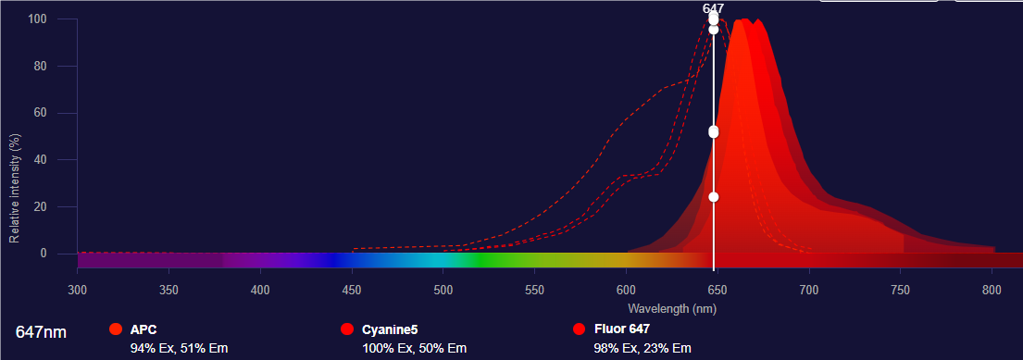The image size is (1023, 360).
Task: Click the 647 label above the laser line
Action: [x=713, y=8]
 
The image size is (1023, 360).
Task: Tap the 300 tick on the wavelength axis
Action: [x=78, y=291]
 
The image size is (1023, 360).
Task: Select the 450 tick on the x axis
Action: [x=352, y=291]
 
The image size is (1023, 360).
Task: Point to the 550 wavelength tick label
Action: [x=534, y=291]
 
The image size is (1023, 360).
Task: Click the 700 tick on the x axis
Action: [x=809, y=291]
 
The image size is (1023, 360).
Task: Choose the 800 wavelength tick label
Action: [x=992, y=291]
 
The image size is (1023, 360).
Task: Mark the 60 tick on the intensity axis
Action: [x=42, y=113]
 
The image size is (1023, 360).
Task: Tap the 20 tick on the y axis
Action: [x=42, y=206]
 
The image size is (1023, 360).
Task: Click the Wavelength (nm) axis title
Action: [x=672, y=307]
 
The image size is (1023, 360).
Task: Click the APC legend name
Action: [x=143, y=329]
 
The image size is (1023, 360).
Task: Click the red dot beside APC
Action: [x=116, y=329]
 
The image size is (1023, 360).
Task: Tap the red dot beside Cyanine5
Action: [x=347, y=329]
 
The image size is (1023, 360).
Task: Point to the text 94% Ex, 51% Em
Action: [x=179, y=348]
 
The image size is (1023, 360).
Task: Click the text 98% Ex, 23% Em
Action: [x=642, y=348]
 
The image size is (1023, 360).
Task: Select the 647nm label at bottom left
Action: [x=41, y=331]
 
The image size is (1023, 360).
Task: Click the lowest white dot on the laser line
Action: [x=713, y=196]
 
